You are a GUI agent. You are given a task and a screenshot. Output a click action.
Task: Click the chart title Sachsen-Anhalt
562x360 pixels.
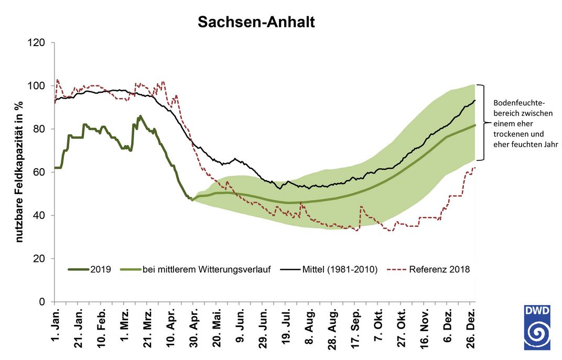coord(256,23)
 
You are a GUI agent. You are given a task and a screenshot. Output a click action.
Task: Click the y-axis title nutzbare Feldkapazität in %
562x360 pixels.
coord(19,172)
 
